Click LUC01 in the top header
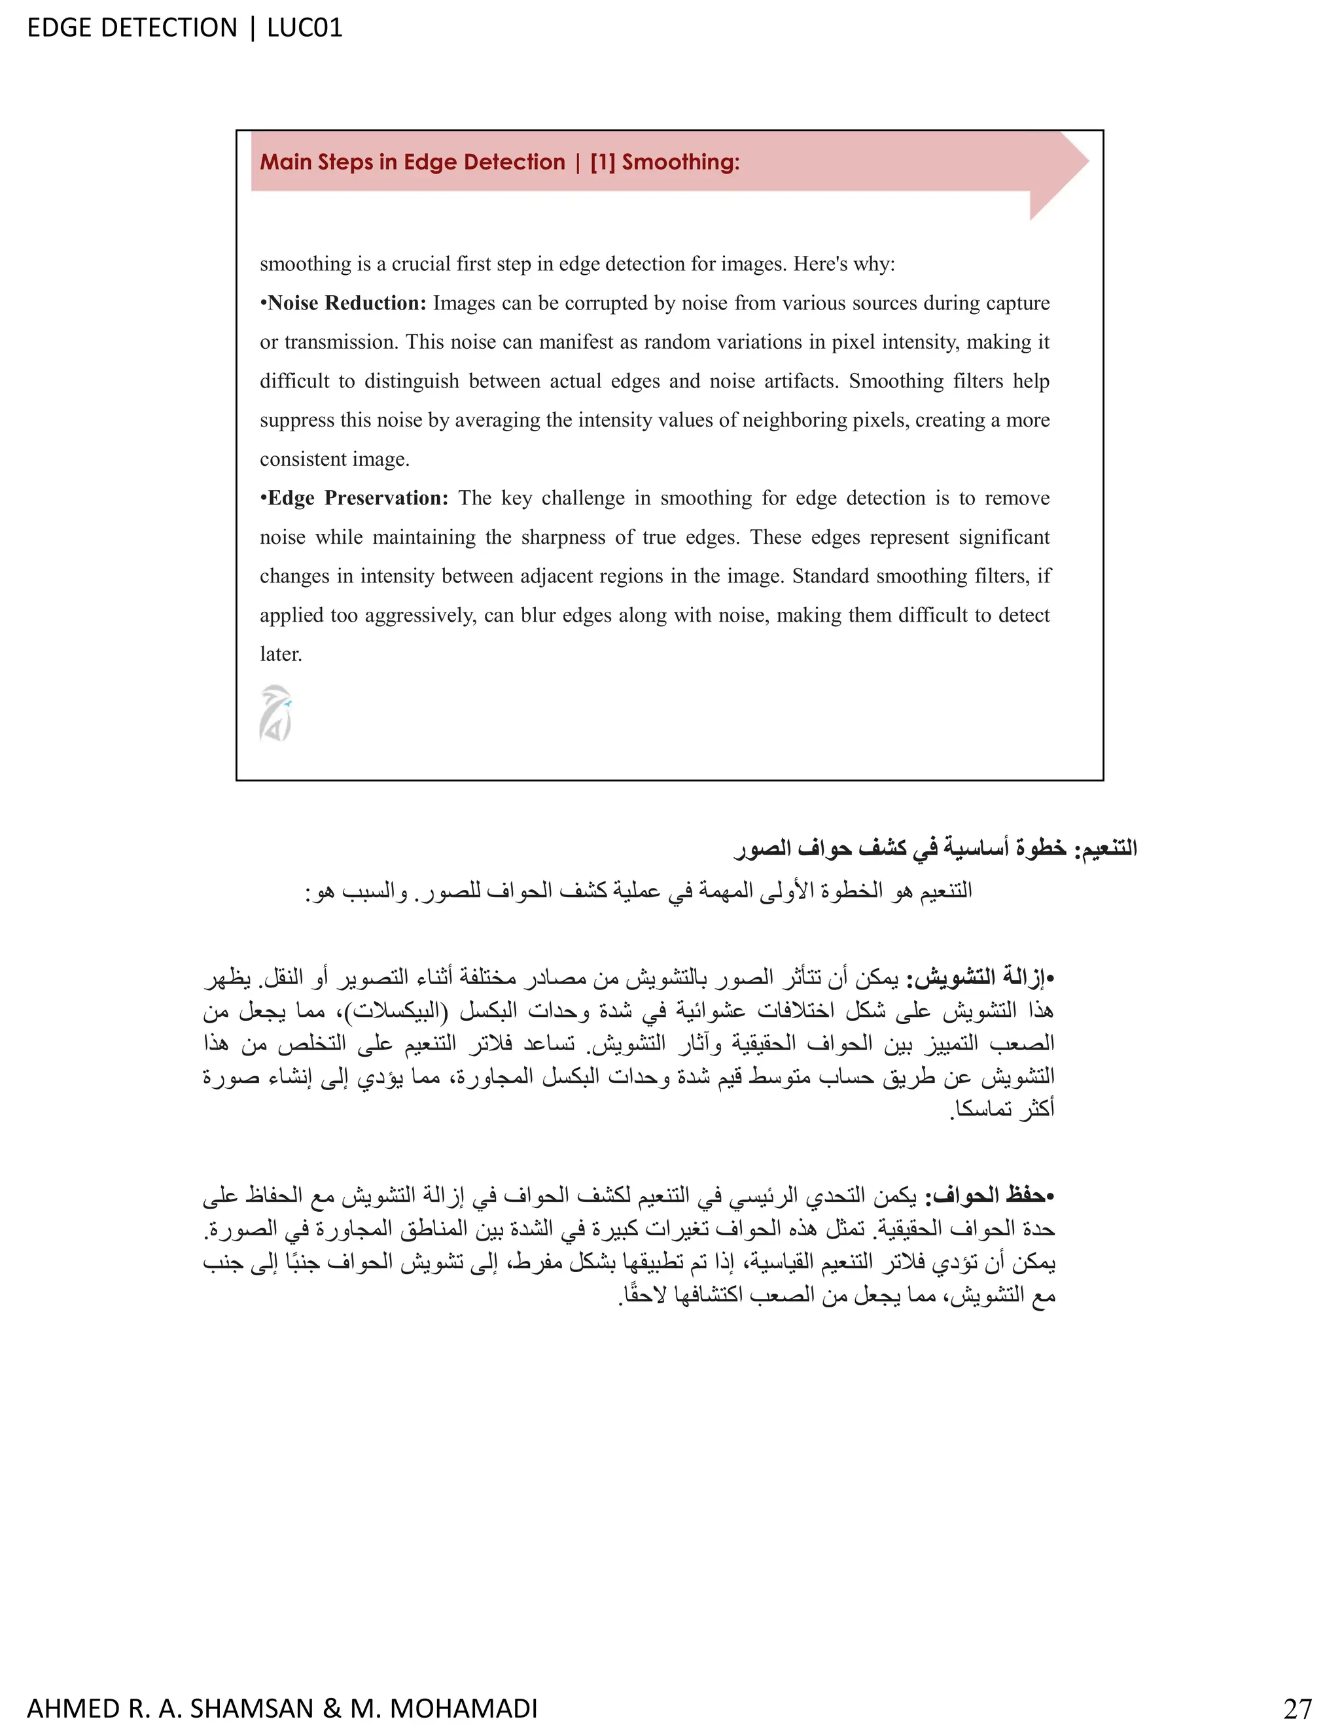(305, 27)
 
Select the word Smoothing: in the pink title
(681, 162)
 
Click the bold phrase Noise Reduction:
(347, 304)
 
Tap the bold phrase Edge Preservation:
(357, 498)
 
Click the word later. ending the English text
(281, 654)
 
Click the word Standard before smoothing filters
(830, 576)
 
